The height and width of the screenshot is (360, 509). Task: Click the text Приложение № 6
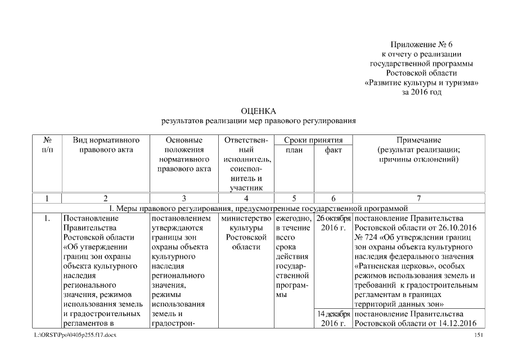pos(421,44)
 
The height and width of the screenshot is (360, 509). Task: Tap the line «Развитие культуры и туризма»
pos(421,83)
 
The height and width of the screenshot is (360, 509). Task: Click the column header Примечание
pos(419,140)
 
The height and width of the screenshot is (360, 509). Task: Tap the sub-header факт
pos(333,150)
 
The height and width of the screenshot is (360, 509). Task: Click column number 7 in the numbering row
pos(419,198)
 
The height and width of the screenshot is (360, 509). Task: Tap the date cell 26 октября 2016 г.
pos(334,223)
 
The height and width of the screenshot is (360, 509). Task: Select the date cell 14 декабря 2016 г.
pos(334,318)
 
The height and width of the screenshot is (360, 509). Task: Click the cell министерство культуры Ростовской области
pos(245,232)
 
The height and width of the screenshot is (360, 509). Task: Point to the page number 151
pos(479,336)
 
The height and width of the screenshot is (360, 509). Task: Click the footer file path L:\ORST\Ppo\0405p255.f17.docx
pos(71,336)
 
